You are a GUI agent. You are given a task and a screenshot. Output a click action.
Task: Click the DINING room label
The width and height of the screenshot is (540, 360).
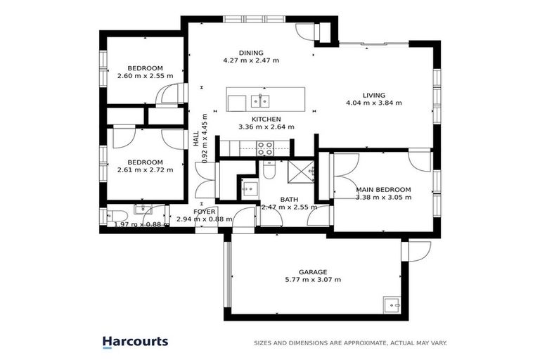(x=251, y=53)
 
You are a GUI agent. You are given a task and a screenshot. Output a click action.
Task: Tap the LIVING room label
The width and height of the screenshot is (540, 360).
(x=373, y=95)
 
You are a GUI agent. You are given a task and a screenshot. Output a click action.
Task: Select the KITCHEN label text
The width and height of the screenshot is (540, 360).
(x=266, y=120)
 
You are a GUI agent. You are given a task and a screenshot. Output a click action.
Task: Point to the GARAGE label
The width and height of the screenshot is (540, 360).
(x=313, y=272)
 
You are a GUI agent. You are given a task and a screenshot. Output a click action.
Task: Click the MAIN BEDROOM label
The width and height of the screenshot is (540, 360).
(x=383, y=189)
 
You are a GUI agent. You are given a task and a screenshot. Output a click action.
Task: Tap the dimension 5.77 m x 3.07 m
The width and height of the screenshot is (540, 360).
(x=313, y=279)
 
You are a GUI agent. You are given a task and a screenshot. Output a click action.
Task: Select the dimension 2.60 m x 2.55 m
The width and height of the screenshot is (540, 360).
(x=145, y=76)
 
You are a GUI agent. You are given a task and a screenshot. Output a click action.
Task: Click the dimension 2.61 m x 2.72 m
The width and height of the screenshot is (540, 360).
(x=145, y=170)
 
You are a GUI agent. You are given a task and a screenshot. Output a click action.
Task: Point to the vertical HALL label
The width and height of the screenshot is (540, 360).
(x=196, y=139)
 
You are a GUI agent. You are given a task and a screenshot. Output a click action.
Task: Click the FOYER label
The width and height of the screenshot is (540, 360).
(x=204, y=212)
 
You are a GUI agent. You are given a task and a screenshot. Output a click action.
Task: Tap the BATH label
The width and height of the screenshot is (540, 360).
(x=289, y=200)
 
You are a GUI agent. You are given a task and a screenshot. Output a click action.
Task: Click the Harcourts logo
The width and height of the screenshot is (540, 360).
(x=135, y=342)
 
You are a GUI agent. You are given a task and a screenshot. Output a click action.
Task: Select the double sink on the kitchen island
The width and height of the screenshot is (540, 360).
(x=260, y=101)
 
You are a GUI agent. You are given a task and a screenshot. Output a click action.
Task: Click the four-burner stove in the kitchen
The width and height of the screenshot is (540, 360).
(x=265, y=148)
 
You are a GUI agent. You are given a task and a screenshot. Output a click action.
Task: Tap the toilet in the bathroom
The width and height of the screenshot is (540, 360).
(x=269, y=169)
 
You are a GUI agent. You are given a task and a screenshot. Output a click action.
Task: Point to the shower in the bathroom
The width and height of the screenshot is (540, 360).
(x=301, y=172)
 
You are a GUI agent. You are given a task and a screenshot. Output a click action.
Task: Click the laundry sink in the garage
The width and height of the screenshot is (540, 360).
(x=392, y=305)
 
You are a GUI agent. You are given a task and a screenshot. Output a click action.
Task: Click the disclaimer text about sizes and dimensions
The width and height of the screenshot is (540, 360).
(x=350, y=343)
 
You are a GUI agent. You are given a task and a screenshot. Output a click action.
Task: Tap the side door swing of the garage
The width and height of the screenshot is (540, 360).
(x=419, y=252)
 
